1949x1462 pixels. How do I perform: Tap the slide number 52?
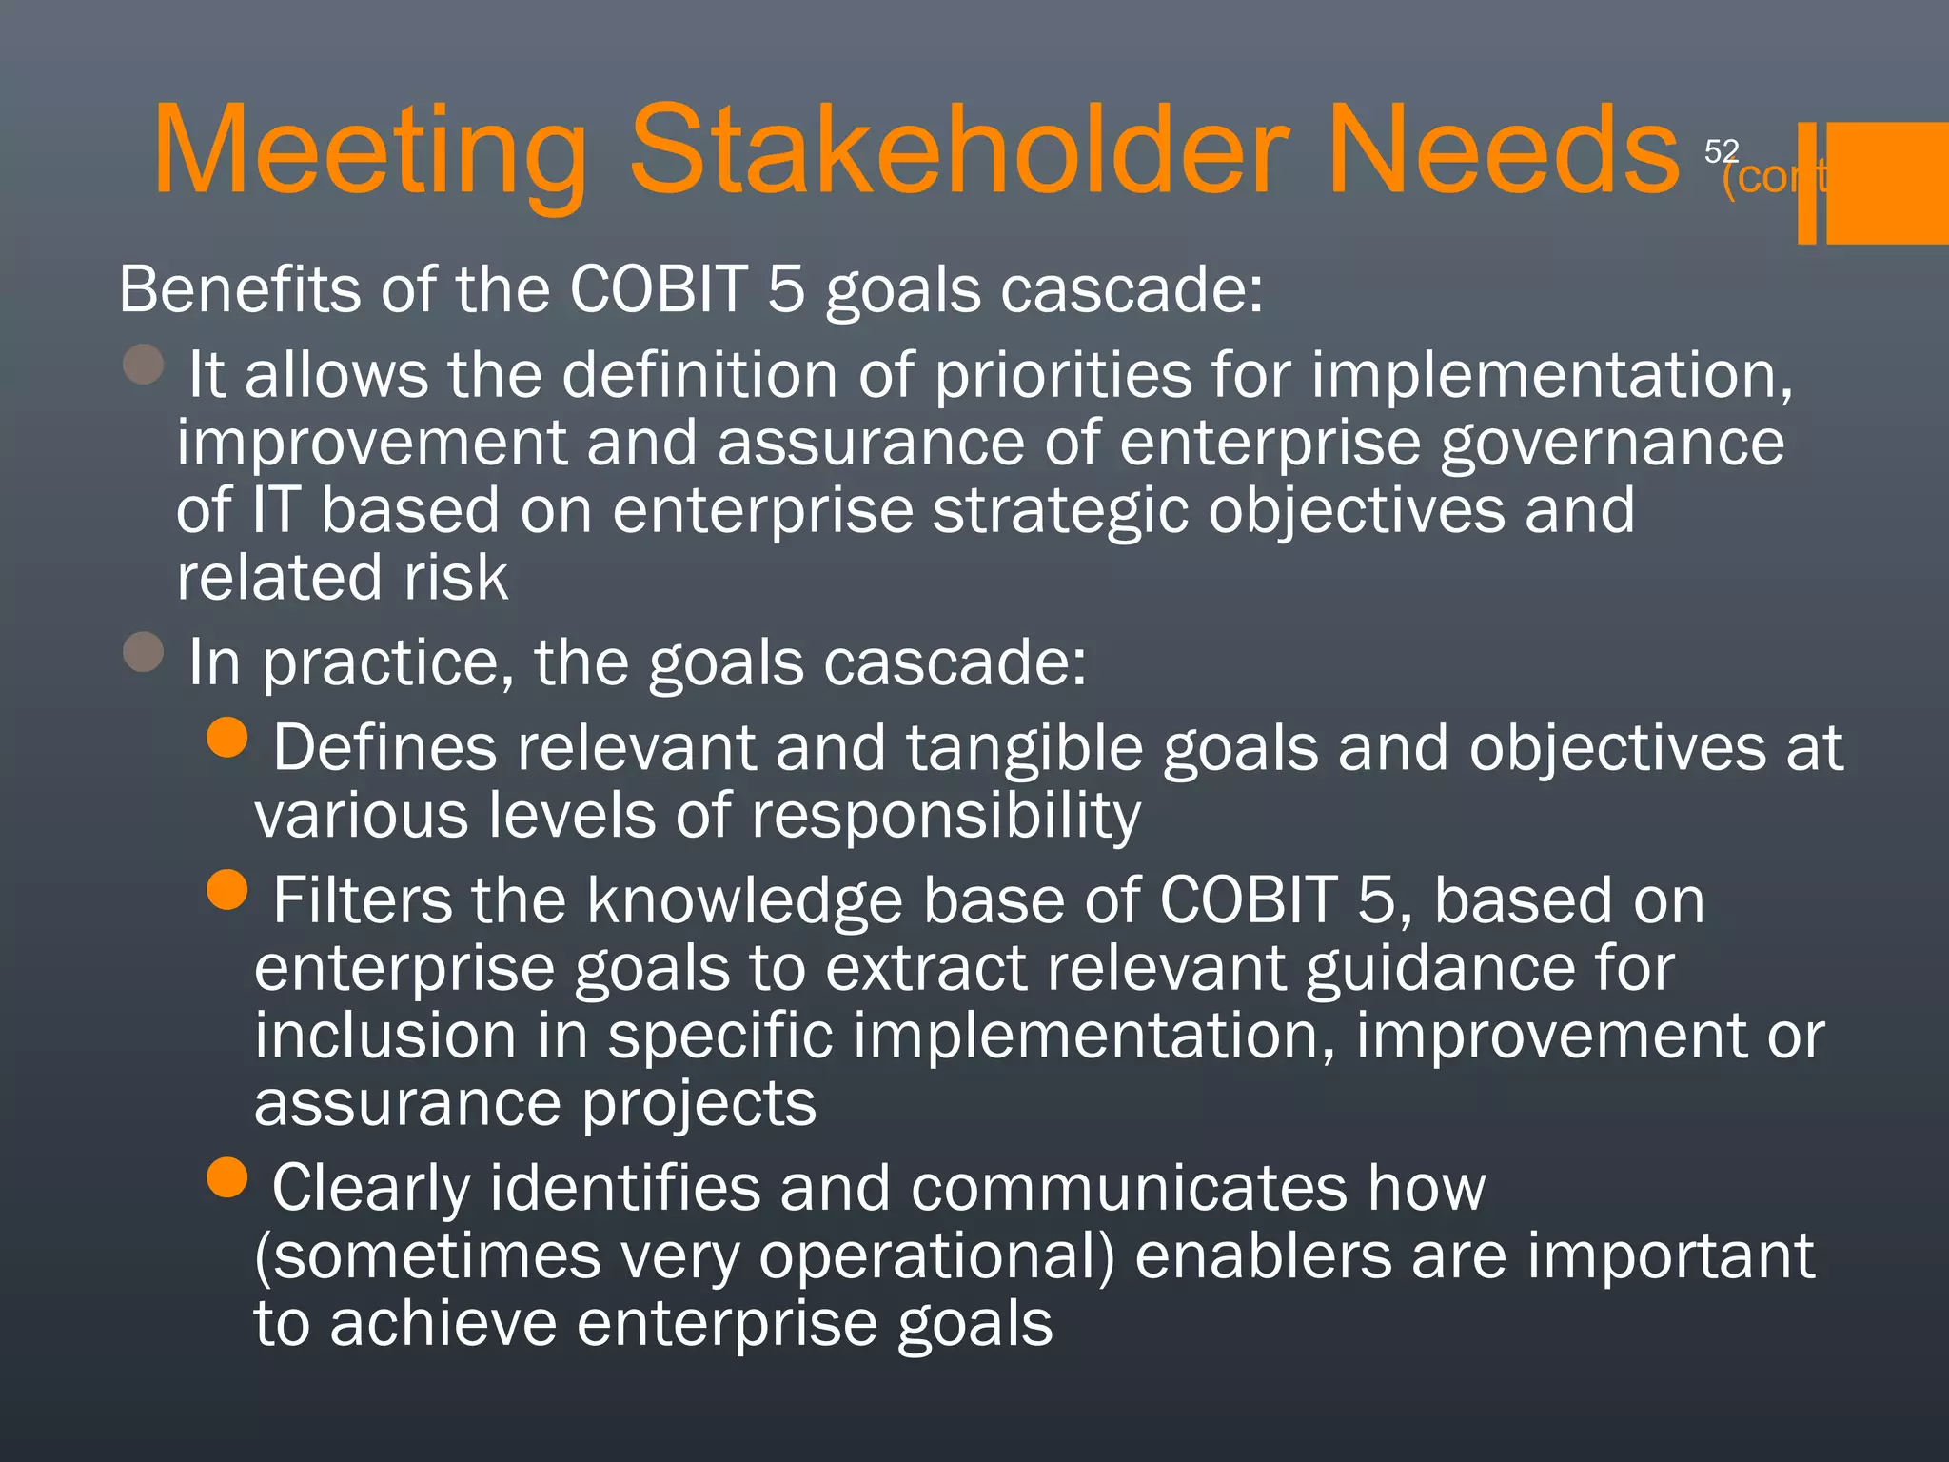1721,150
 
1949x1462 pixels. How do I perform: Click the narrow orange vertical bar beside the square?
1806,183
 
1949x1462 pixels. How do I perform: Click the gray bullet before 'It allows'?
144,364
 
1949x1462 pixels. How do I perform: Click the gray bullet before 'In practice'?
144,652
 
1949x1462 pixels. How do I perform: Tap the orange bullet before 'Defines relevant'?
226,736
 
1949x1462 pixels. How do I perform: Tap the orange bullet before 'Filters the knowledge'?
226,890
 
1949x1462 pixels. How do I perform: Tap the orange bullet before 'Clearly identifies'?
226,1177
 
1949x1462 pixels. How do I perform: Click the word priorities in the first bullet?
1062,375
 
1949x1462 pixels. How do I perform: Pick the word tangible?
1024,748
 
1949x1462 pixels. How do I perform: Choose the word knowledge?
744,901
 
